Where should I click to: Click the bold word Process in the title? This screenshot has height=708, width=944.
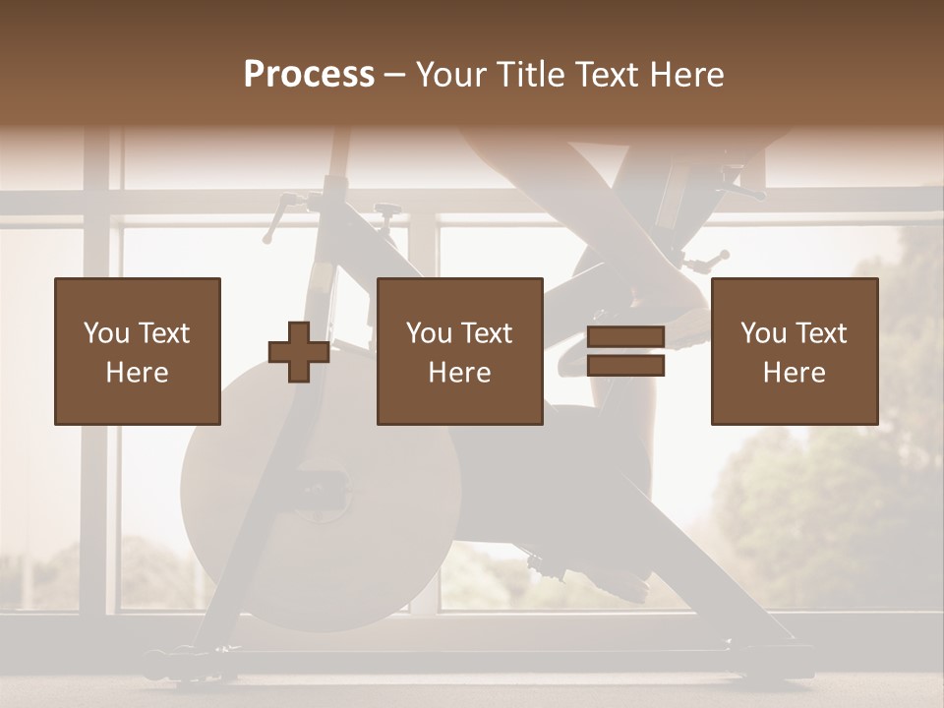309,75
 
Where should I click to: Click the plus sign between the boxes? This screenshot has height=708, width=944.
299,352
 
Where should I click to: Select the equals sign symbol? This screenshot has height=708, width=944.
625,352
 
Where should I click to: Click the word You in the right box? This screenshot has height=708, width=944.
764,333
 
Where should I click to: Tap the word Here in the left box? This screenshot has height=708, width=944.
138,373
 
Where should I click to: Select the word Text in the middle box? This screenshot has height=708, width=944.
486,333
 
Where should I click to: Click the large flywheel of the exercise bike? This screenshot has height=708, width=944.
321,492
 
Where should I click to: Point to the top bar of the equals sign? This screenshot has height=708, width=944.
625,338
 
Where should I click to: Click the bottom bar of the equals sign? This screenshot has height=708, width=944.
625,366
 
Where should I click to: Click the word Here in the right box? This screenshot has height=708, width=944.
795,373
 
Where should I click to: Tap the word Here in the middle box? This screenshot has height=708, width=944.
460,373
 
